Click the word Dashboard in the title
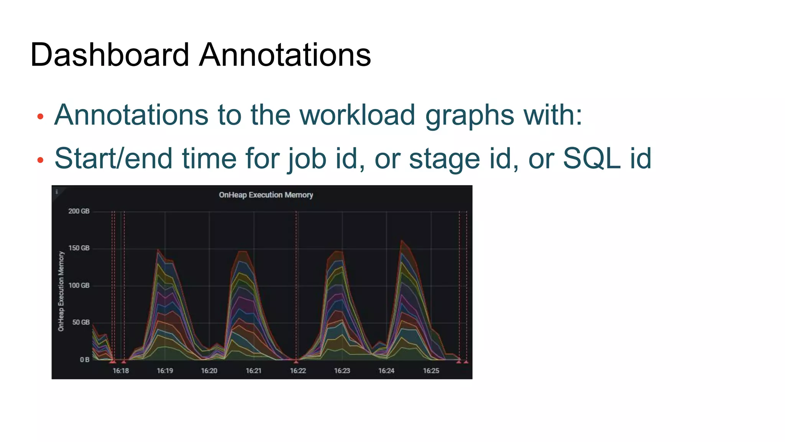pos(109,55)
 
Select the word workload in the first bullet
pos(357,115)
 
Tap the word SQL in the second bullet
pos(591,158)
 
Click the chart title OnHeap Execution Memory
pos(266,195)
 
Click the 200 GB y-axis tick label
pos(79,211)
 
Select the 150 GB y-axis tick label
pos(79,248)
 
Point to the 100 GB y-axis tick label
pos(79,285)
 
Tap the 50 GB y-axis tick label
pos(80,322)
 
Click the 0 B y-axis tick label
pos(84,360)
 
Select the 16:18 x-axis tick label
pos(120,371)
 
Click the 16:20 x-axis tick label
pos(209,371)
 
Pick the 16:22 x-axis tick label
pos(298,371)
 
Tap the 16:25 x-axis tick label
pos(431,371)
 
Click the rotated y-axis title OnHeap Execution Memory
pos(61,291)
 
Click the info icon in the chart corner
pos(57,191)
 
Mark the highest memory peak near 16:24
pos(401,241)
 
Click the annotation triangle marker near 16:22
pos(296,361)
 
